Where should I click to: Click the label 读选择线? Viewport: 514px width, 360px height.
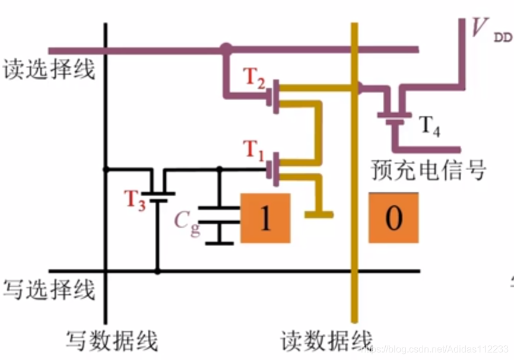coord(49,71)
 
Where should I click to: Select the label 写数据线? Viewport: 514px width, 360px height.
coord(112,342)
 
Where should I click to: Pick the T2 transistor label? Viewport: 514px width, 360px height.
coord(255,78)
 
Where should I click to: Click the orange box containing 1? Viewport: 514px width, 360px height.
coord(265,218)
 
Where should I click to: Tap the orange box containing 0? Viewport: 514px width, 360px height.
coord(393,218)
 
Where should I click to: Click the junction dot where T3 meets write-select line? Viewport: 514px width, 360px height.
coord(157,272)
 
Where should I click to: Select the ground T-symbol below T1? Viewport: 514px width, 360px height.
coord(318,214)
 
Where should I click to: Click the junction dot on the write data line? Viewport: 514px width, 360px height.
coord(106,169)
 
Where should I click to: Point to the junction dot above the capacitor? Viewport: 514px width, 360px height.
coord(219,169)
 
